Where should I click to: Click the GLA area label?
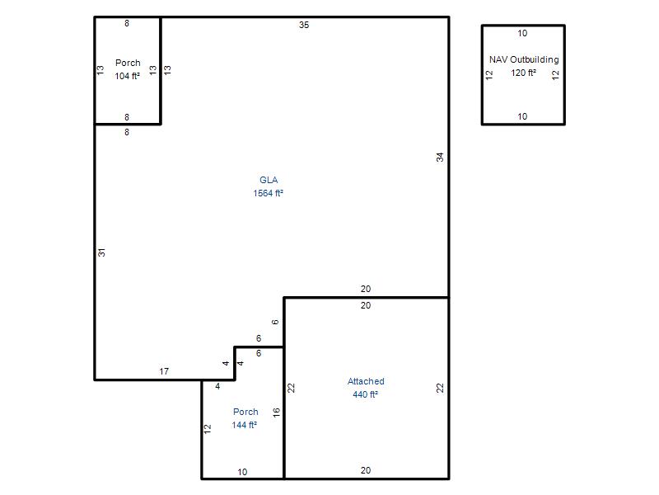point(269,180)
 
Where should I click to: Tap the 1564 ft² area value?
point(269,193)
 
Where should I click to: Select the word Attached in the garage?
point(366,381)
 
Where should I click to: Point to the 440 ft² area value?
point(365,394)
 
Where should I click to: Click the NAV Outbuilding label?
point(524,59)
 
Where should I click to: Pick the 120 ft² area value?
point(524,73)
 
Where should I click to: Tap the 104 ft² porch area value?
point(128,76)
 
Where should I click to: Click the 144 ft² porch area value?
point(244,425)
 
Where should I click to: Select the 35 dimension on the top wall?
point(304,25)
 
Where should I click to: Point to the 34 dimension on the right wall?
point(440,157)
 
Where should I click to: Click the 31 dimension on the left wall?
point(101,252)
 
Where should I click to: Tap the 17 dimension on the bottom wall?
point(164,371)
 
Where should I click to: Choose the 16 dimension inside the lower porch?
point(276,412)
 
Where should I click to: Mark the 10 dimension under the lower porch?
point(242,472)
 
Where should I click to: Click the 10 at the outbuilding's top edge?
point(522,33)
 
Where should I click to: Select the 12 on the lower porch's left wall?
point(208,429)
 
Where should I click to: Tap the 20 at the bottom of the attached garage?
point(366,470)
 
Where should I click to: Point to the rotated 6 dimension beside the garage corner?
point(275,322)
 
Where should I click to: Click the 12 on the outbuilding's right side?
point(555,75)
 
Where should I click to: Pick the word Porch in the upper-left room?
point(128,63)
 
